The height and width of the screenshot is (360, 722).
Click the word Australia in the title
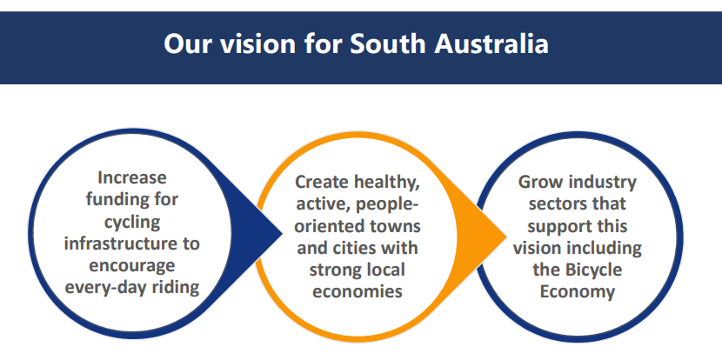(x=491, y=43)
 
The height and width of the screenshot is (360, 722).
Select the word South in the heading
(x=388, y=43)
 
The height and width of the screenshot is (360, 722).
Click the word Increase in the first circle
(x=132, y=177)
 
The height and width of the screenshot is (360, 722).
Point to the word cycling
(x=132, y=223)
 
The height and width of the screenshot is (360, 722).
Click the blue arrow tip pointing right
(x=282, y=234)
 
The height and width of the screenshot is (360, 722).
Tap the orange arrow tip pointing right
(x=506, y=237)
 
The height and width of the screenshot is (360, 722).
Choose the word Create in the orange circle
(x=322, y=182)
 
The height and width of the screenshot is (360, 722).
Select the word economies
(x=358, y=292)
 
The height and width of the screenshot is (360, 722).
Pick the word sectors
(x=554, y=204)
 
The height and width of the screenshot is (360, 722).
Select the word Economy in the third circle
(x=578, y=293)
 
